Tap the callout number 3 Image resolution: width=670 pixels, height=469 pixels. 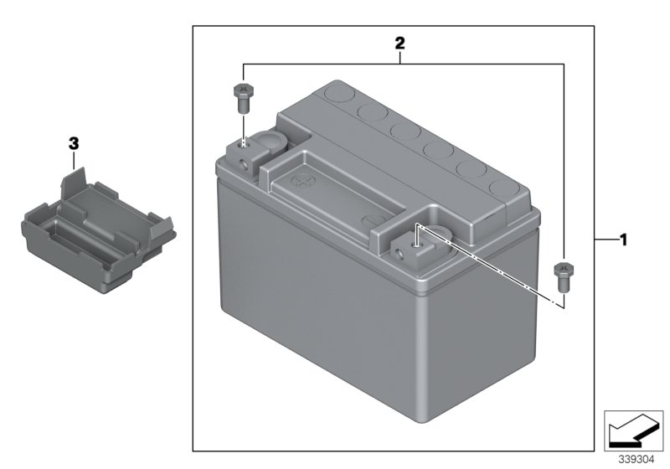coord(74,144)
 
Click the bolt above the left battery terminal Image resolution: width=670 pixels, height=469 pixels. coord(241,99)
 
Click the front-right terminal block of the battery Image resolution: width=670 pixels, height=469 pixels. coord(414,248)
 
